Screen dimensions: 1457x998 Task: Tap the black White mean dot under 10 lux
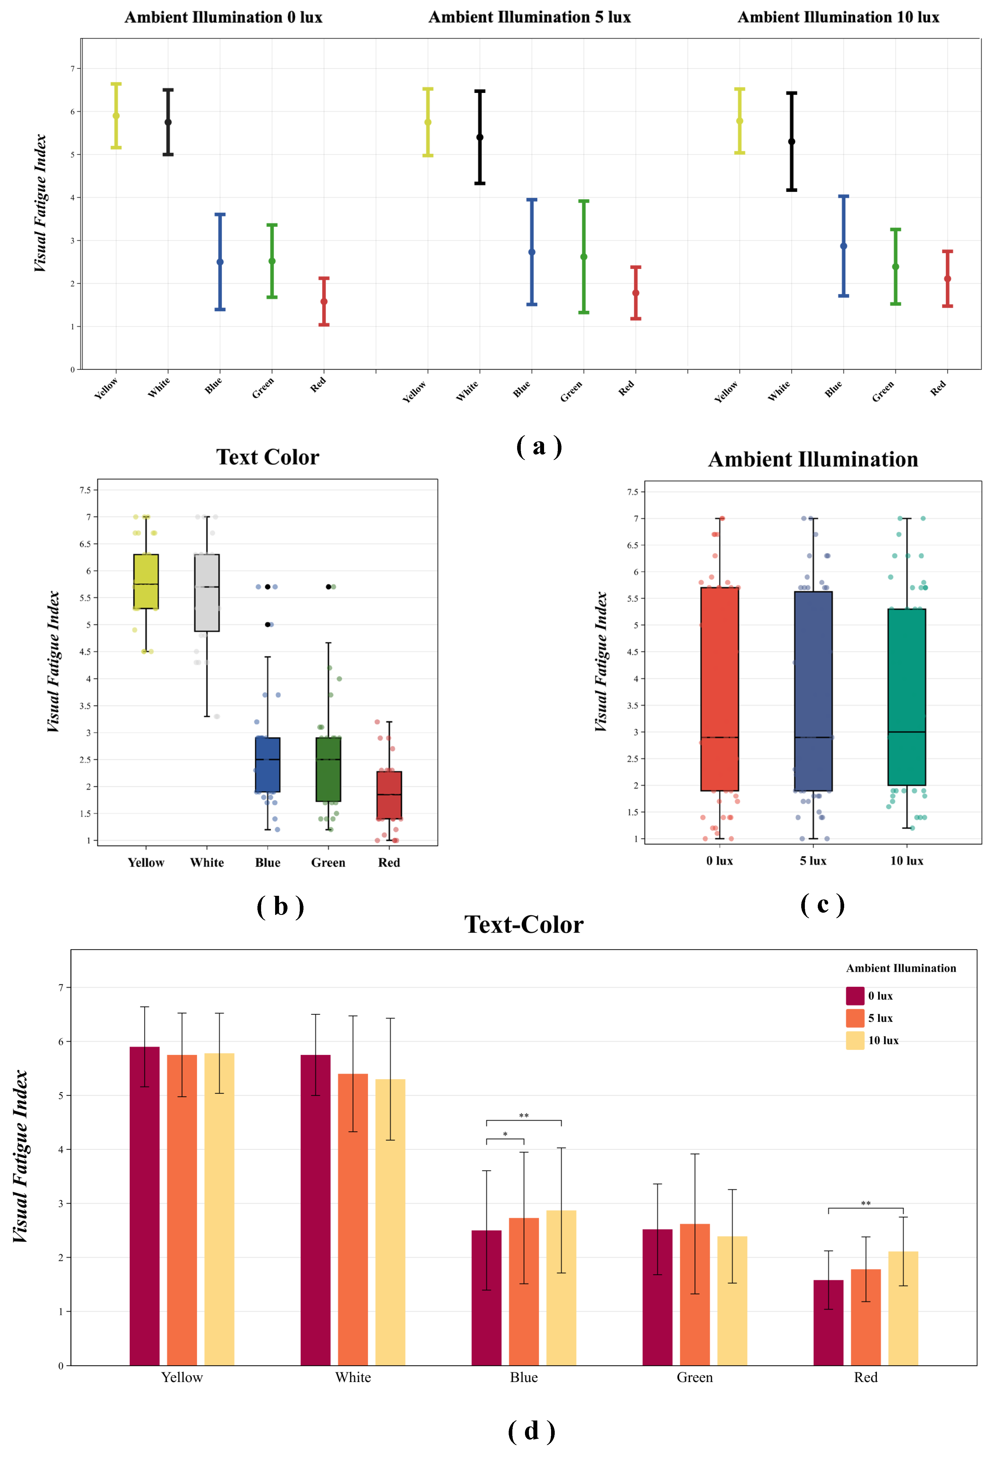pyautogui.click(x=792, y=142)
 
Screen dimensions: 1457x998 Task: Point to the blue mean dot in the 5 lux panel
pyautogui.click(x=532, y=252)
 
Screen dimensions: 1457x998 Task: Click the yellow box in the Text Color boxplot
pyautogui.click(x=146, y=581)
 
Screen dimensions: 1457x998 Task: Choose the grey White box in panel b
pyautogui.click(x=207, y=592)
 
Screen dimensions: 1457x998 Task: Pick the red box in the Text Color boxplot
pyautogui.click(x=389, y=795)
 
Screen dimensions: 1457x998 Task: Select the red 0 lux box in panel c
pyautogui.click(x=720, y=688)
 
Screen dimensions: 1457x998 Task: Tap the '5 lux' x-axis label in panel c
pyautogui.click(x=813, y=861)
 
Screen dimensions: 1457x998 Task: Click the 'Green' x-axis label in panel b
pyautogui.click(x=328, y=863)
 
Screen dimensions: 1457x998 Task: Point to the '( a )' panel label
pyautogui.click(x=539, y=446)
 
